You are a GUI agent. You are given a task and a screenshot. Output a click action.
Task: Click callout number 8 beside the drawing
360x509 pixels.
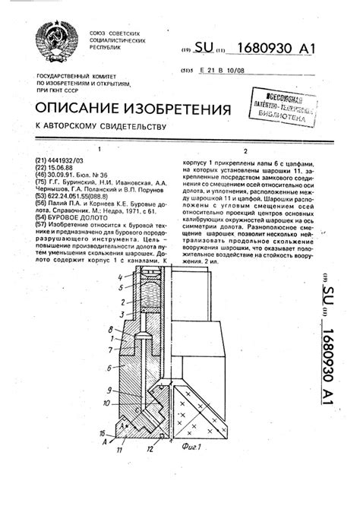[111, 328]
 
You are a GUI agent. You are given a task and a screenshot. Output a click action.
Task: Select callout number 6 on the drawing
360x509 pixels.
[111, 366]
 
